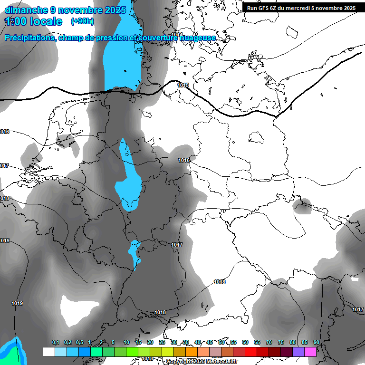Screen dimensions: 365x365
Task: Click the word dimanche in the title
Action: [x=26, y=10]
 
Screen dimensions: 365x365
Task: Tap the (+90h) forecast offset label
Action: [x=82, y=21]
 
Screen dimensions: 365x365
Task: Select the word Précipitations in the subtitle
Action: [x=29, y=38]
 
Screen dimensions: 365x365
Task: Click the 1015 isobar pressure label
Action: [x=183, y=85]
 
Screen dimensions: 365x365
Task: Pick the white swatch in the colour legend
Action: [x=48, y=352]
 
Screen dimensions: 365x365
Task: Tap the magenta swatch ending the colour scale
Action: [x=310, y=352]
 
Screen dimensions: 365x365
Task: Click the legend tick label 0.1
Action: [x=56, y=343]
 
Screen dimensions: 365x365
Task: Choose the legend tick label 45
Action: [x=210, y=343]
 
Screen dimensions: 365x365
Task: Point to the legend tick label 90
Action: [x=317, y=343]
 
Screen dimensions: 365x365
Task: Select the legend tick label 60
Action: [x=245, y=343]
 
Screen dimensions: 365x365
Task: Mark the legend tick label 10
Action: [x=126, y=343]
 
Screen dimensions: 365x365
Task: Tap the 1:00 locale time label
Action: [x=33, y=21]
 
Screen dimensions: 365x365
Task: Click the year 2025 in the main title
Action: [x=116, y=10]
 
